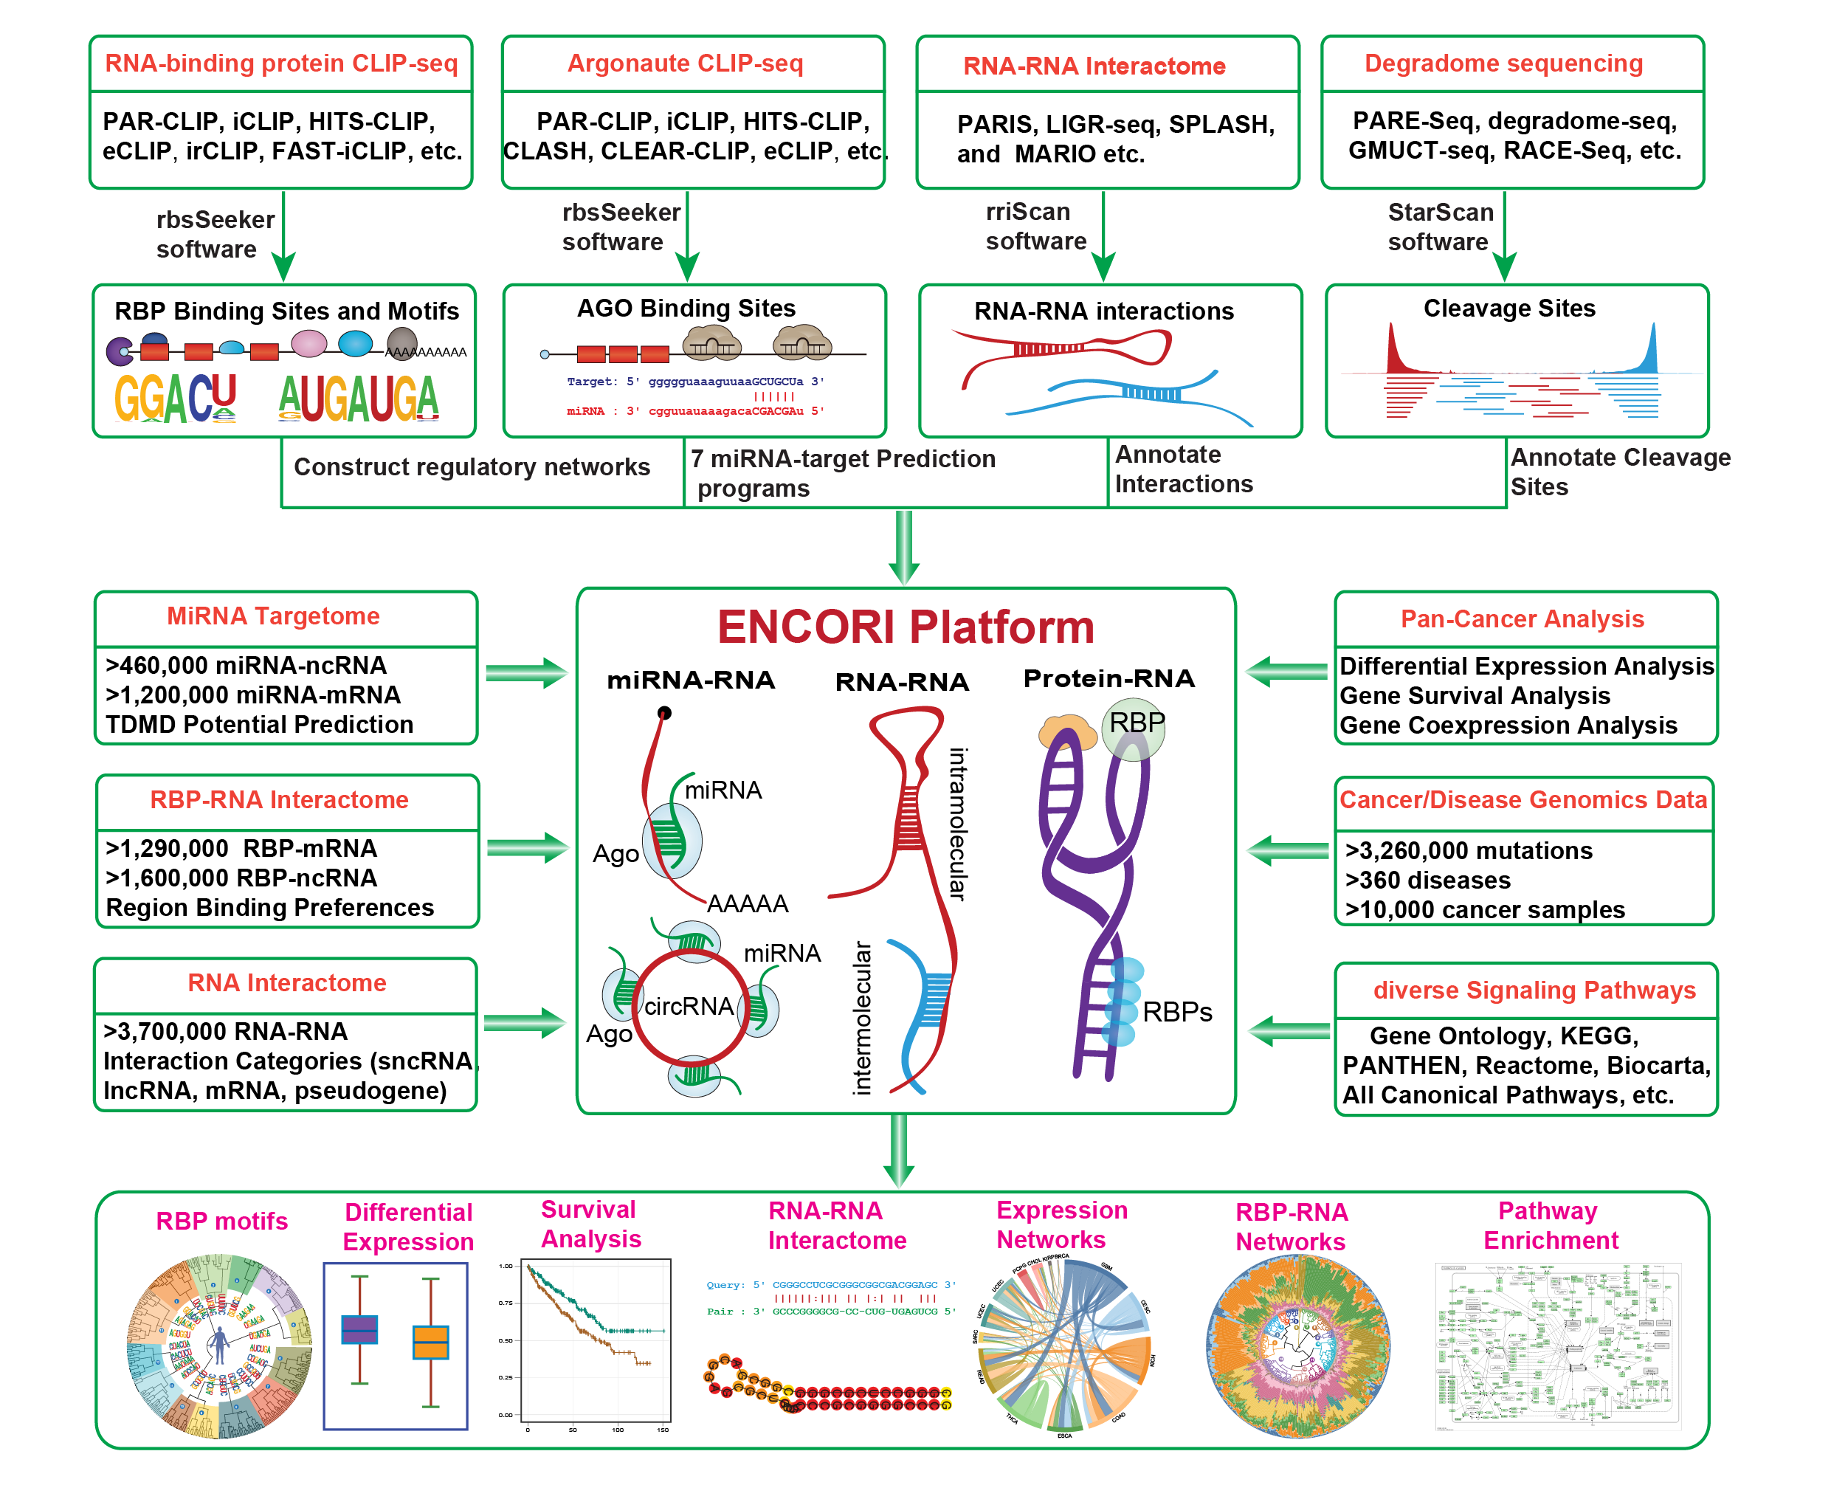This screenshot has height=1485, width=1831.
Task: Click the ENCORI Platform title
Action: coord(905,627)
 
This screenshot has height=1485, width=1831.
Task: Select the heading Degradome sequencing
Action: coord(1503,63)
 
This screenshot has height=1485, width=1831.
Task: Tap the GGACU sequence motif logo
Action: coord(176,399)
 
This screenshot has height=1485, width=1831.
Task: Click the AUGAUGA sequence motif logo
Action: coord(359,399)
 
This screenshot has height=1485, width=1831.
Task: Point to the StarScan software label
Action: coord(1439,227)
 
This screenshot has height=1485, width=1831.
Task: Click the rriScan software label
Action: coord(1035,226)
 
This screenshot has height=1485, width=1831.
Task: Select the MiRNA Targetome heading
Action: coord(273,616)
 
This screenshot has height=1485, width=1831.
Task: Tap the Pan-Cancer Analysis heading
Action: coord(1522,619)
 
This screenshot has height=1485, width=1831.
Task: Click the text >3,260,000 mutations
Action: coord(1468,850)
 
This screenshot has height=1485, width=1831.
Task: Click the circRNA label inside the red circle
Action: coord(688,1006)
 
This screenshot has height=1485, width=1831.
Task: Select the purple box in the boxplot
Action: coord(359,1329)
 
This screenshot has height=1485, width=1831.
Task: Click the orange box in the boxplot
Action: coord(430,1341)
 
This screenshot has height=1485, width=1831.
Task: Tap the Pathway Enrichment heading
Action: coord(1549,1225)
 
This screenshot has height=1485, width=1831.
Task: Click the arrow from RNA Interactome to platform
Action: coord(524,1022)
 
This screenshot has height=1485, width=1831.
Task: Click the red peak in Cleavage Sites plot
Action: coord(1393,351)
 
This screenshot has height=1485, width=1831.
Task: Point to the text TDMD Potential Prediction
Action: coord(259,725)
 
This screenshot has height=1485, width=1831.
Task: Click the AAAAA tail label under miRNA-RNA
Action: coord(747,903)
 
